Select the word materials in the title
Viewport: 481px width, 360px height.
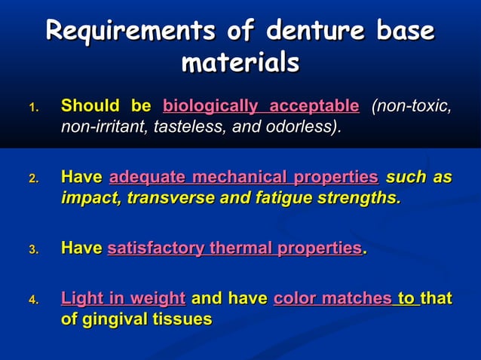[240, 63]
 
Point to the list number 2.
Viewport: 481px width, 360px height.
[33, 180]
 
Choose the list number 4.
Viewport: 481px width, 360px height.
[33, 301]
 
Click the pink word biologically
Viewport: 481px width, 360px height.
[205, 106]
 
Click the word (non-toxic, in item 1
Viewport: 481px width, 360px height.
[412, 106]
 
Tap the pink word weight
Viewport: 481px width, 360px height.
[158, 298]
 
